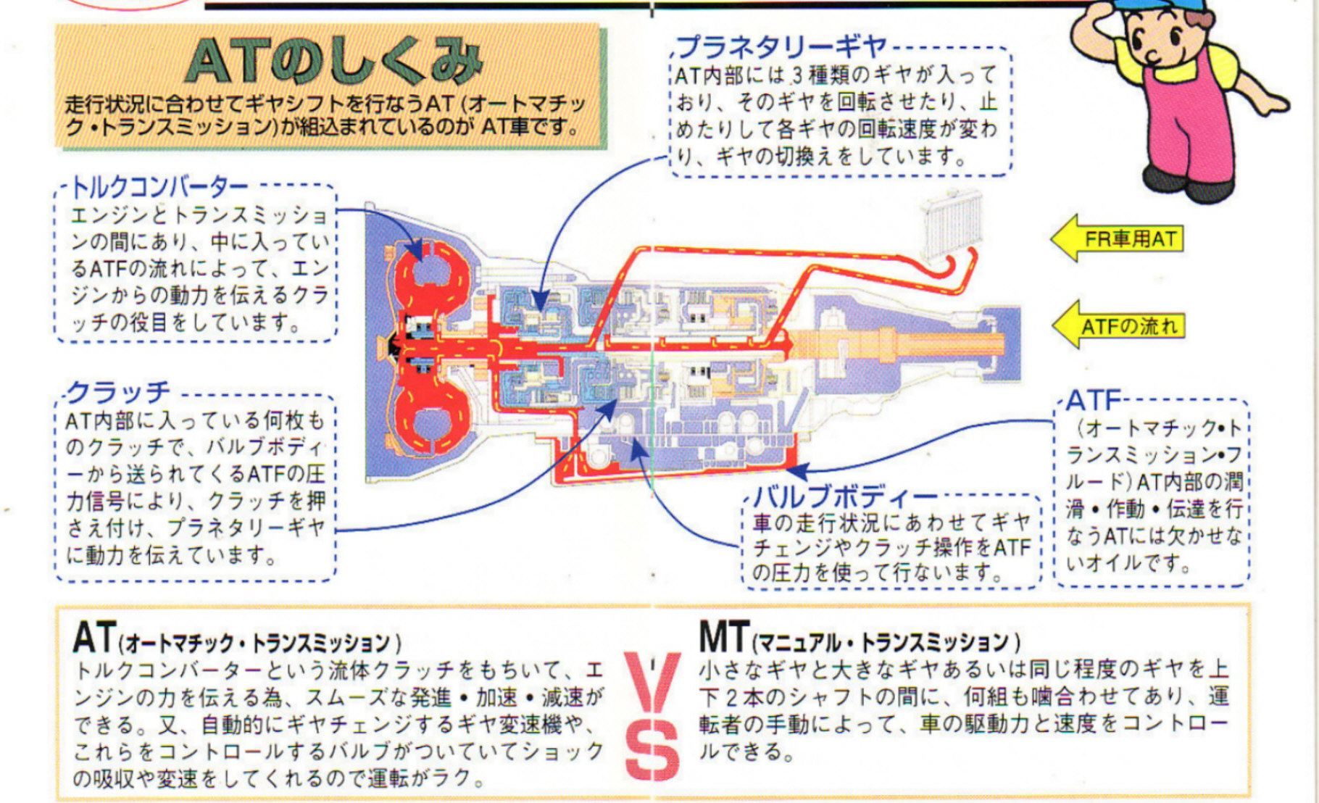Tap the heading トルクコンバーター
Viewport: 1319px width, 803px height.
point(159,188)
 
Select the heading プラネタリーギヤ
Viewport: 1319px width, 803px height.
point(783,46)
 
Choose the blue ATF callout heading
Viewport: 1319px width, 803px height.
point(1094,400)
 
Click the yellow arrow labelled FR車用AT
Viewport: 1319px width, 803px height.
point(1117,238)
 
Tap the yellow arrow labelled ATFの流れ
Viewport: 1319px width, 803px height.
point(1117,325)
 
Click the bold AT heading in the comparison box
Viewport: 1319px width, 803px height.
point(94,638)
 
